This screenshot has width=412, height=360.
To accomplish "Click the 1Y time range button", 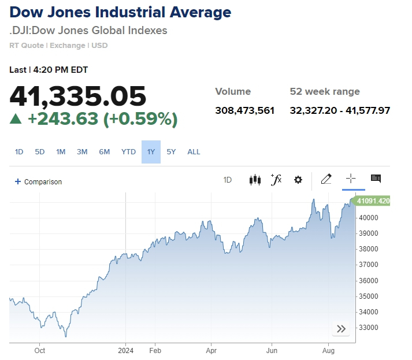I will point(151,152).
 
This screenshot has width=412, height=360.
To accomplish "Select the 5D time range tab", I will point(40,152).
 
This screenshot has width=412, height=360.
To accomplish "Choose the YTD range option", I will point(128,152).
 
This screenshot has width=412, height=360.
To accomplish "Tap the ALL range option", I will point(194,152).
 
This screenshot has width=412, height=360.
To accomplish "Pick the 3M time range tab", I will point(82,152).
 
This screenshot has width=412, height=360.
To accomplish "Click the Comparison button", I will point(38,181).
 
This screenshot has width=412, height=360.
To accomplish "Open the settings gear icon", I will point(298,180).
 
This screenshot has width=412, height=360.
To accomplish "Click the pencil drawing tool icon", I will point(326,179).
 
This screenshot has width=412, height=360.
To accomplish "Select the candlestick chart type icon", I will point(255,180).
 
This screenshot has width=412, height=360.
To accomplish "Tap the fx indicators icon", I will point(276,180).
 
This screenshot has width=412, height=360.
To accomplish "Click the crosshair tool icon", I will point(351,179).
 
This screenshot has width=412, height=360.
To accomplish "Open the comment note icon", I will point(376,179).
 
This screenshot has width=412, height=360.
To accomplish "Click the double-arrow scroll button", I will point(341,329).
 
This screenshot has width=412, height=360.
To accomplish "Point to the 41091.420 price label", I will point(373,201).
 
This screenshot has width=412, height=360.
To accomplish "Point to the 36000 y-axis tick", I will point(368,281).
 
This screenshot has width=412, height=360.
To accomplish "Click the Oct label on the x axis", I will point(40,350).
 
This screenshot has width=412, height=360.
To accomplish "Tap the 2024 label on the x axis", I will point(126,350).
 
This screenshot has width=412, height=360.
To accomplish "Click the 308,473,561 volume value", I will point(244,110).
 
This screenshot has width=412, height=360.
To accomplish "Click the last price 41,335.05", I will point(78,95).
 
